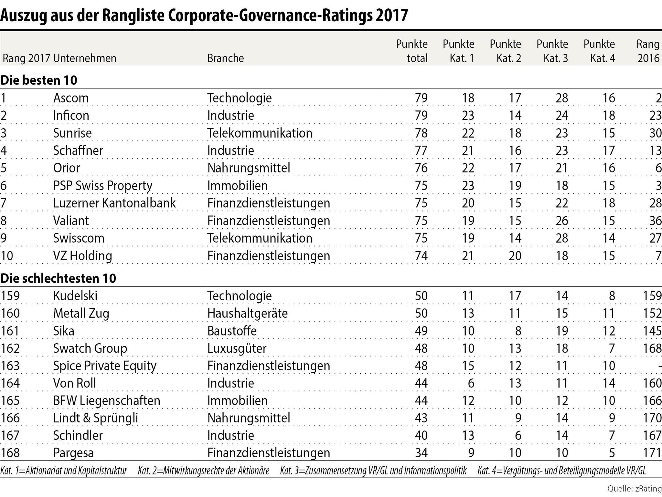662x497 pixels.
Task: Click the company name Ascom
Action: pos(71,98)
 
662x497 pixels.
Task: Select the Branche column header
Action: pos(225,58)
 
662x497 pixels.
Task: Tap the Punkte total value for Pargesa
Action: pos(421,453)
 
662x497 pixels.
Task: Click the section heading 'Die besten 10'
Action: pos(39,80)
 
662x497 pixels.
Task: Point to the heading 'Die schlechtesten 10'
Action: pos(58,278)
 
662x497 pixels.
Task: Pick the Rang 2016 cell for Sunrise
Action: pos(655,133)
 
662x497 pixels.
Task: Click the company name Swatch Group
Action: pos(90,348)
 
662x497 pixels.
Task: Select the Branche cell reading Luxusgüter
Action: pos(237,348)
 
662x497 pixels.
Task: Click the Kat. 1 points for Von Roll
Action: pos(471,383)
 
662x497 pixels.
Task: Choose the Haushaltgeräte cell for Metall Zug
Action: pos(247,313)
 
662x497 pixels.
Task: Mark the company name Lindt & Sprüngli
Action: pos(95,418)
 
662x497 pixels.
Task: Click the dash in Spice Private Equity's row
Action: pos(659,366)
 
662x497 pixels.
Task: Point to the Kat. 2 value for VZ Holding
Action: pos(515,256)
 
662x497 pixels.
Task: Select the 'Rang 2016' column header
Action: pos(648,51)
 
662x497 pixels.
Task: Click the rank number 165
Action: pos(10,401)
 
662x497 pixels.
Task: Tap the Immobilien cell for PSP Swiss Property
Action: pos(237,186)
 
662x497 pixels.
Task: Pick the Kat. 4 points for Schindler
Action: pos(612,436)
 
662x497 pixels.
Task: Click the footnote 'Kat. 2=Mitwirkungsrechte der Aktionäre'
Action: pos(203,471)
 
